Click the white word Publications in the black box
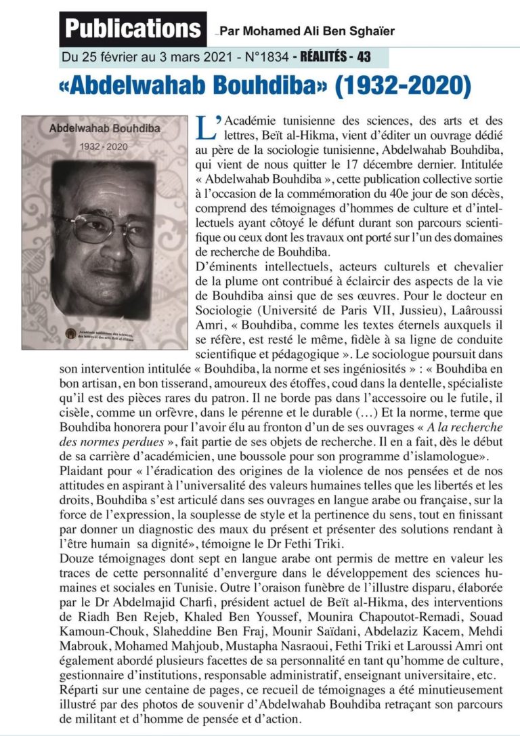[x=133, y=29]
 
